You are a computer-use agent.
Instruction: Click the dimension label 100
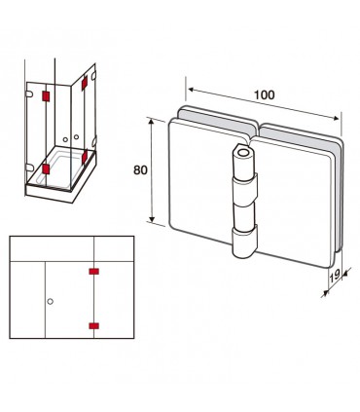point(264,94)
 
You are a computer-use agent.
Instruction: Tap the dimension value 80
point(140,170)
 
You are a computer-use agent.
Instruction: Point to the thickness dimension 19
point(335,276)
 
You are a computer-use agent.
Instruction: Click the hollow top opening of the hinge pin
point(242,152)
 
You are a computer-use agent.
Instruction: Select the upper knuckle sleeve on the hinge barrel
point(244,189)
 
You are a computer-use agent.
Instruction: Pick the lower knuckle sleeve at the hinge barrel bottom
point(244,241)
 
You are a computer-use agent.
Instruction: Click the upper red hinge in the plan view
point(94,271)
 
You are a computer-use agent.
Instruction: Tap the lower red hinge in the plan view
point(94,326)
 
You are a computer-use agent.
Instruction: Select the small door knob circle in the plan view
point(50,301)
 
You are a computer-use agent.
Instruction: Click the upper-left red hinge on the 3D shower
point(46,96)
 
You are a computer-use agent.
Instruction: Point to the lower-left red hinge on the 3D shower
point(46,169)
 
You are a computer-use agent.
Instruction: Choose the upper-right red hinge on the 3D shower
point(85,83)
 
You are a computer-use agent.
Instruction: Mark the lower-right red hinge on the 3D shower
point(85,157)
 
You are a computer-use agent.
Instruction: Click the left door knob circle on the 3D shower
point(65,139)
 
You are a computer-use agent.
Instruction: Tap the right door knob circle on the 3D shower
point(76,137)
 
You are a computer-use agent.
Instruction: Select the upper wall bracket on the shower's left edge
point(29,94)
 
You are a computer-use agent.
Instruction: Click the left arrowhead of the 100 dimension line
point(191,89)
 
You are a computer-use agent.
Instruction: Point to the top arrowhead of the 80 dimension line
point(151,122)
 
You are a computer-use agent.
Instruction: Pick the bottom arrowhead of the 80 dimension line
point(152,218)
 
